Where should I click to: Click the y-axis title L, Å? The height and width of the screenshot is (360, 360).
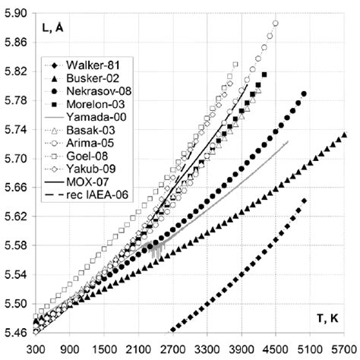[x=51, y=28]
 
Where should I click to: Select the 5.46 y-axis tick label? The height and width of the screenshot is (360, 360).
[x=15, y=333]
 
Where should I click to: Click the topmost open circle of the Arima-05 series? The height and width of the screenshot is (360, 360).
[x=276, y=24]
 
